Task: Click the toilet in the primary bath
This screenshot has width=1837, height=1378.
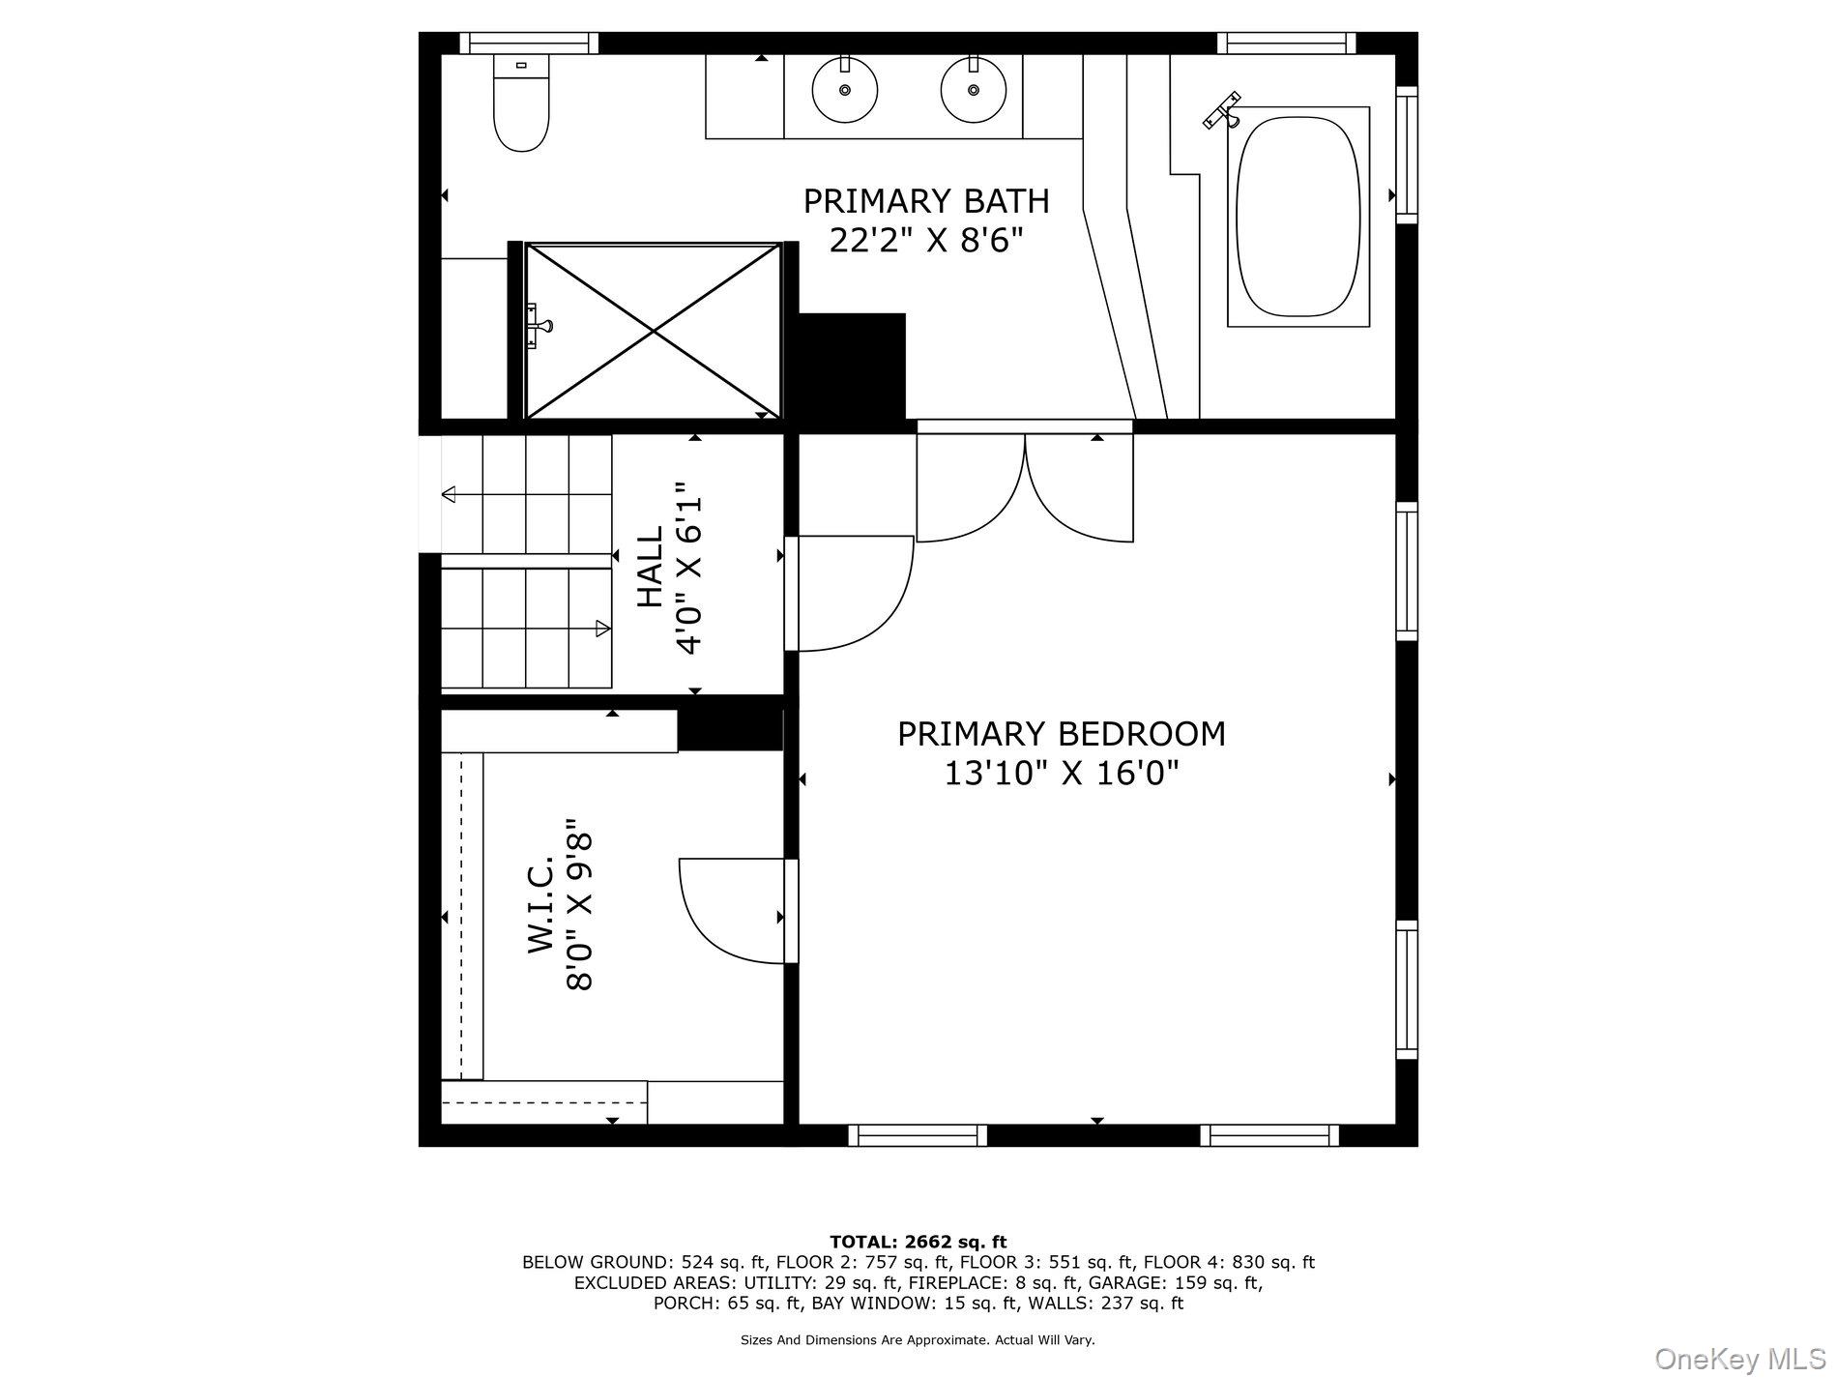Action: pyautogui.click(x=521, y=103)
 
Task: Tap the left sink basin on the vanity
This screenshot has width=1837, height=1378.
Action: pyautogui.click(x=845, y=90)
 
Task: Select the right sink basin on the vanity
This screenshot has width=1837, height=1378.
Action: pyautogui.click(x=974, y=90)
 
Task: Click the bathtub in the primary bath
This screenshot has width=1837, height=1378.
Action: pyautogui.click(x=1298, y=217)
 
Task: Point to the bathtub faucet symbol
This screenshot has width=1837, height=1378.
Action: pyautogui.click(x=1224, y=110)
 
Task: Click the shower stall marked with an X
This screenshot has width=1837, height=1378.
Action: pyautogui.click(x=654, y=331)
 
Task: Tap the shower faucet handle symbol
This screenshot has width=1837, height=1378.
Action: pyautogui.click(x=538, y=326)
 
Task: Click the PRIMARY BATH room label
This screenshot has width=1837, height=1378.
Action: pyautogui.click(x=926, y=201)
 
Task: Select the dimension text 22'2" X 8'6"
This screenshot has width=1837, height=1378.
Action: pyautogui.click(x=926, y=240)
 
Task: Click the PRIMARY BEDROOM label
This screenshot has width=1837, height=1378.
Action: pyautogui.click(x=1061, y=734)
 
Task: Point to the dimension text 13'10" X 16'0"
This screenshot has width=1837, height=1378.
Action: pyautogui.click(x=1061, y=774)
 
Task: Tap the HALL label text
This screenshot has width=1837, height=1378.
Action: pyautogui.click(x=650, y=567)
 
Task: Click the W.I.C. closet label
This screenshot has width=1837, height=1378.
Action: pyautogui.click(x=540, y=904)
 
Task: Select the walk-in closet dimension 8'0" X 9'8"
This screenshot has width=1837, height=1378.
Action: pyautogui.click(x=579, y=904)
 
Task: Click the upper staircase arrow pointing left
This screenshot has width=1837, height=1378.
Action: pyautogui.click(x=527, y=495)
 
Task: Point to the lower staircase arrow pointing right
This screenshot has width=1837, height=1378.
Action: pyautogui.click(x=527, y=629)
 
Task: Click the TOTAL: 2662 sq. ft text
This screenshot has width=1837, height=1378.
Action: pyautogui.click(x=918, y=1242)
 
